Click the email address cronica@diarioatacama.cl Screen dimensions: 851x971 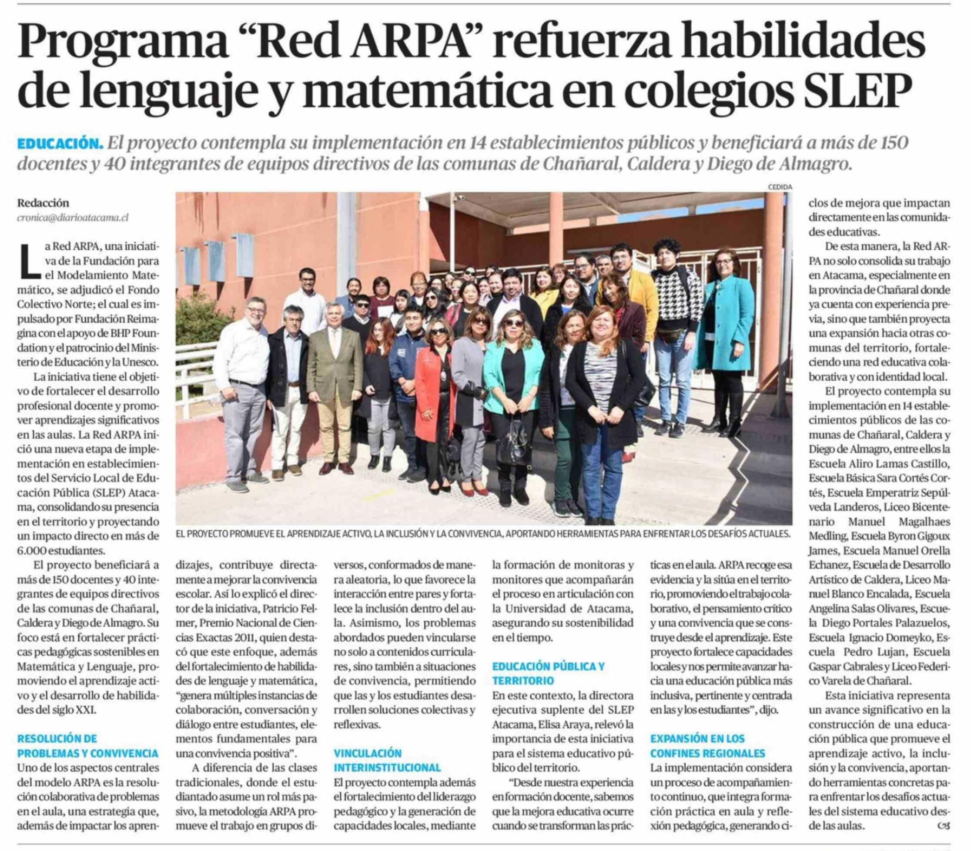tap(73, 218)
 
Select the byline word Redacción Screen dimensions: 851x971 tap(43, 203)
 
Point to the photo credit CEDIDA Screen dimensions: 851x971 tap(780, 187)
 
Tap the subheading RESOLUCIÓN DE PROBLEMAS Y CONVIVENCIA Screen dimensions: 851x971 tap(88, 746)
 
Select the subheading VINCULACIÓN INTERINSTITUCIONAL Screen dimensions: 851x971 tap(387, 761)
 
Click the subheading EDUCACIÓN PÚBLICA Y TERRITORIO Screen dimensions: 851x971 tap(549, 673)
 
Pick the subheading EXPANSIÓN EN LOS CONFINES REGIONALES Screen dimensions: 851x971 tap(707, 746)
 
